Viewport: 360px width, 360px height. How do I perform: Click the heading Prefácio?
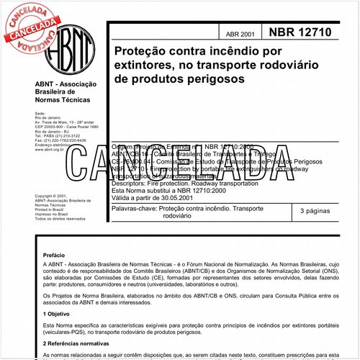pos(53,255)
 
